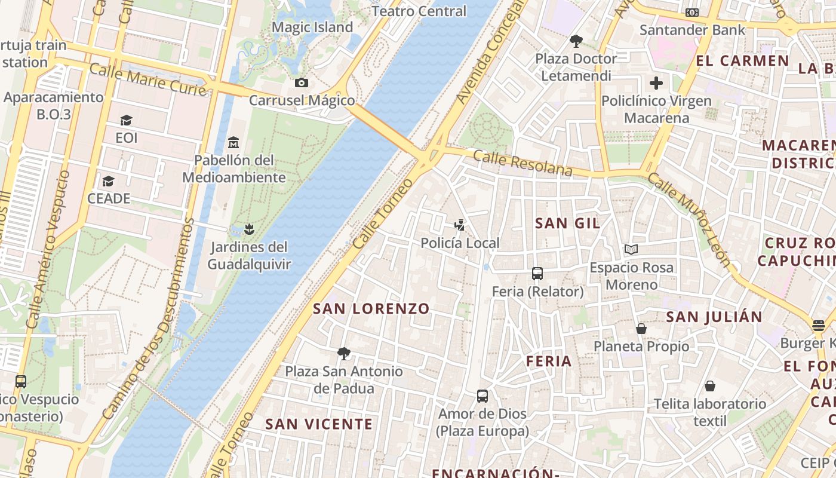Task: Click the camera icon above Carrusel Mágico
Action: tap(302, 82)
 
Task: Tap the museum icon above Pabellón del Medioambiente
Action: tap(233, 142)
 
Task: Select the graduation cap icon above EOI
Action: tap(126, 120)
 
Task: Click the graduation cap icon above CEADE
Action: tap(108, 180)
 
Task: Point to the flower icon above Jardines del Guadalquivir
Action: tap(249, 229)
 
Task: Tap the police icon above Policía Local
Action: tap(459, 225)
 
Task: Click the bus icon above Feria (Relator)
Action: tap(537, 274)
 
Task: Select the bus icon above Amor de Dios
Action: tap(482, 396)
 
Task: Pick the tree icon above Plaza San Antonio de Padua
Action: tap(343, 353)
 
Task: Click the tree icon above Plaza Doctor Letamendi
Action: tap(576, 41)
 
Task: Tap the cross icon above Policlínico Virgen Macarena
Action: tap(656, 83)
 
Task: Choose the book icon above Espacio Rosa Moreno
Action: tap(631, 249)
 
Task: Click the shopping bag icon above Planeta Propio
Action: tap(641, 329)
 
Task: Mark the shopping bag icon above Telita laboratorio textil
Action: tap(710, 386)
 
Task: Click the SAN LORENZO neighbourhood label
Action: tap(371, 309)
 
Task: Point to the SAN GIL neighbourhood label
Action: tap(568, 223)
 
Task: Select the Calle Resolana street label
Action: tap(522, 163)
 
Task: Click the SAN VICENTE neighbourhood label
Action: tap(319, 424)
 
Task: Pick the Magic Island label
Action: tap(312, 27)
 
